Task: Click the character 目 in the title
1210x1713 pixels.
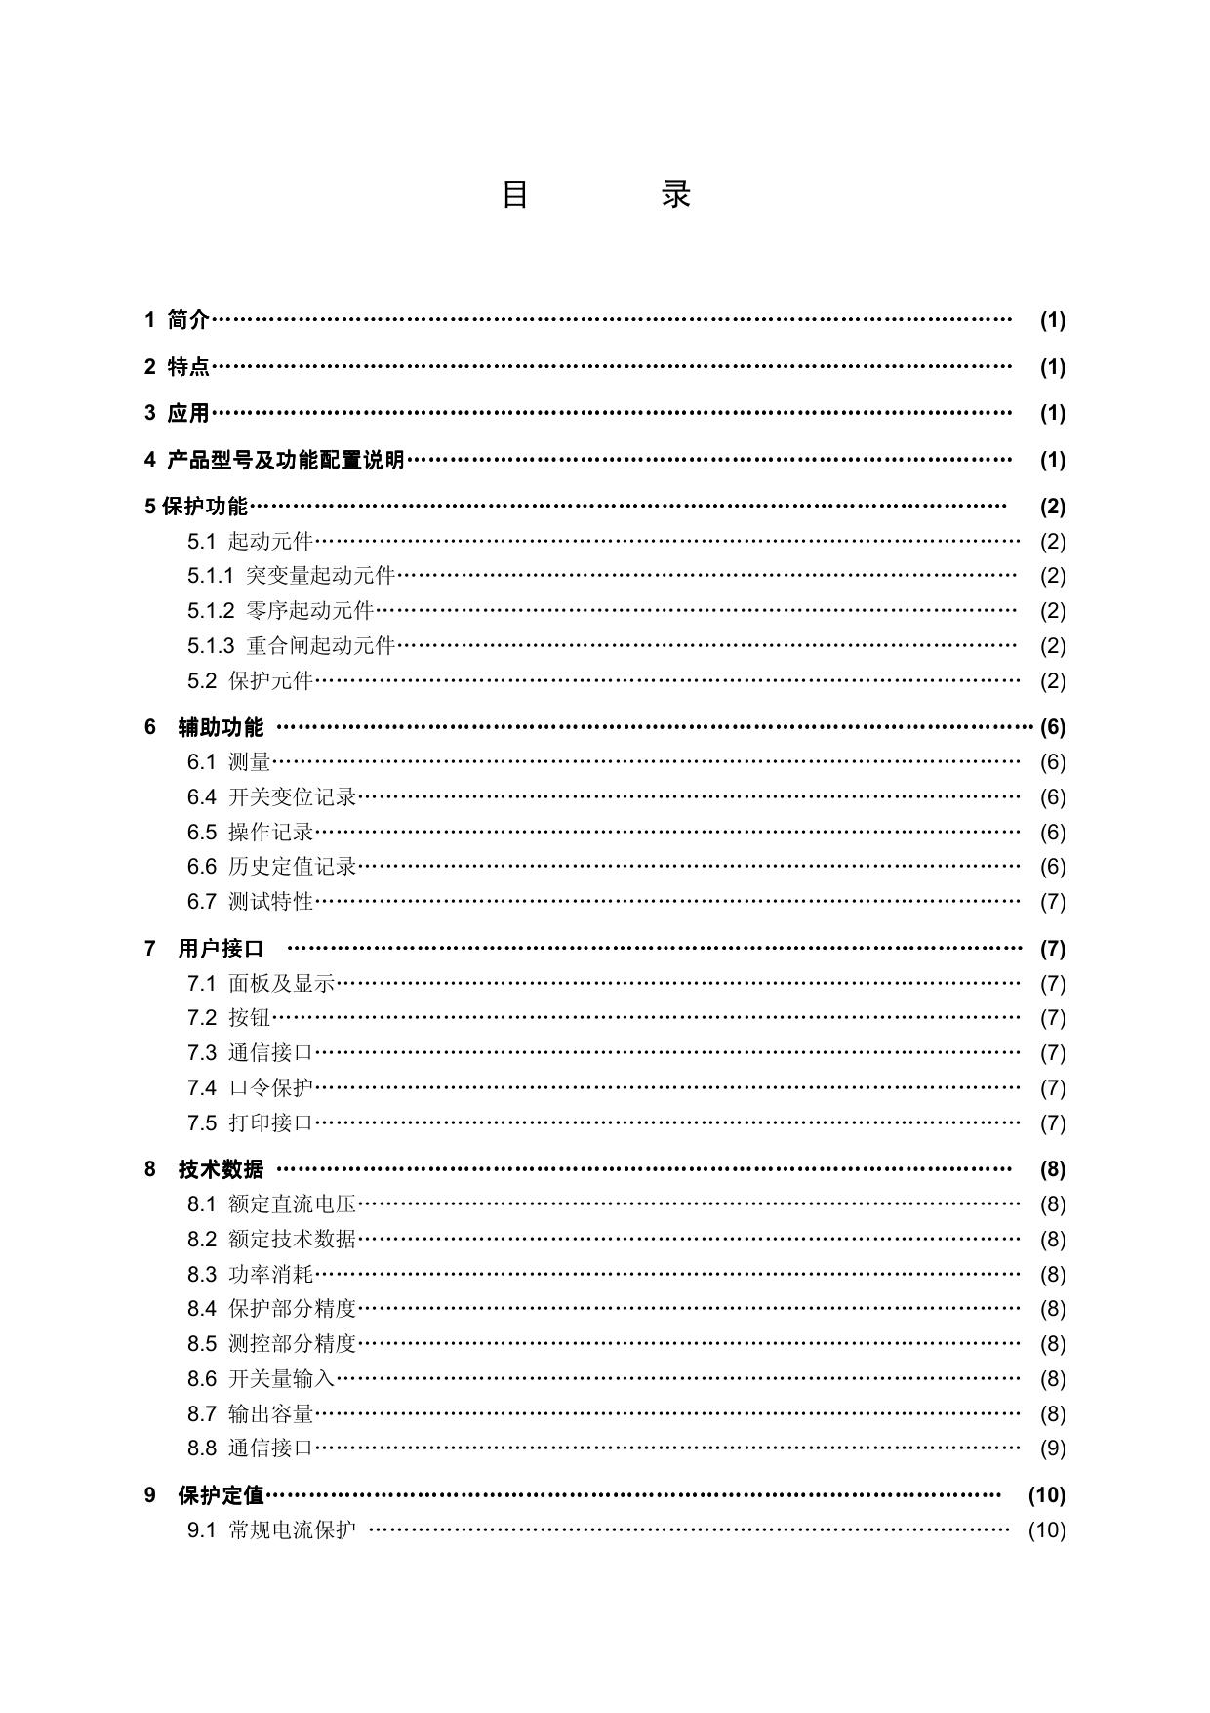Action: pos(515,194)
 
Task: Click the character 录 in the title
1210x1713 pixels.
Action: pos(676,194)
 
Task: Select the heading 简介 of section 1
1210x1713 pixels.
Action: pos(188,319)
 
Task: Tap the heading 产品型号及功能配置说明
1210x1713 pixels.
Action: pos(286,460)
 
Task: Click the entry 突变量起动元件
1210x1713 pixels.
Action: pos(320,576)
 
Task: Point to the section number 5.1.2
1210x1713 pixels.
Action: pos(211,611)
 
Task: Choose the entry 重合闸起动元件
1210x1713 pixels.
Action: pos(320,646)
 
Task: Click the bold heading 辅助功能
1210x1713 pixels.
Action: pos(221,727)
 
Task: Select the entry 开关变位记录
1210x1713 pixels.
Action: pos(293,797)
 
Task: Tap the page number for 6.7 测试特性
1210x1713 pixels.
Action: pos(1052,902)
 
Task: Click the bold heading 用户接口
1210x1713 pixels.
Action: pos(221,949)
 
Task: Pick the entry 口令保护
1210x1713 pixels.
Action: pos(270,1088)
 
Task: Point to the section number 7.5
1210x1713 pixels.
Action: pos(202,1123)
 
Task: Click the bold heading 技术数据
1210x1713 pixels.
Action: pos(221,1169)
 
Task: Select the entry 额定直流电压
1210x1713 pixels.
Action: pos(293,1204)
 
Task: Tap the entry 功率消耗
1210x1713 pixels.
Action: pos(270,1275)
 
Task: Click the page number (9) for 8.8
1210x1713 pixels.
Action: pos(1052,1448)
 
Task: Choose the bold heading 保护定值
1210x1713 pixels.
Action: pos(221,1495)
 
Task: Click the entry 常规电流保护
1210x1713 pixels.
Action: pos(293,1530)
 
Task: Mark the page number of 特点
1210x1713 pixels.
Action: pos(1052,367)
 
